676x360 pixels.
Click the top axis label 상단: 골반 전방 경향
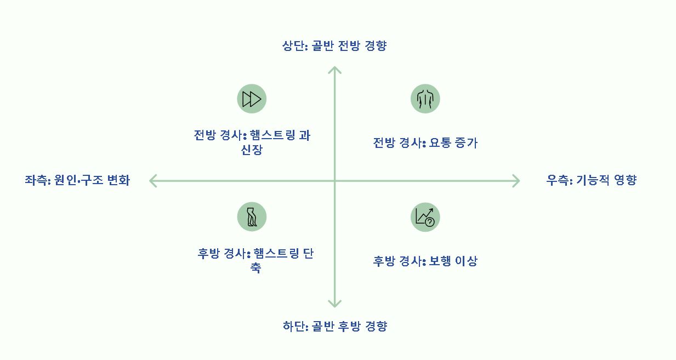[334, 45]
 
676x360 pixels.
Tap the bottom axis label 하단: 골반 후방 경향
[334, 327]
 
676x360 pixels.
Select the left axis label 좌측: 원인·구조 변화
[77, 180]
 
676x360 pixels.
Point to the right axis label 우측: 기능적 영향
[592, 180]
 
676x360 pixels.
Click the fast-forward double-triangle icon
[252, 99]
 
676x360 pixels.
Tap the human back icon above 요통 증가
[425, 99]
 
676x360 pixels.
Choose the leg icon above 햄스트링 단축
[252, 216]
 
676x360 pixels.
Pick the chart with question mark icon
[425, 216]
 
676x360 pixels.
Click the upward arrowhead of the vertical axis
[334, 69]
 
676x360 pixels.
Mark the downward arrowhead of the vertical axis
[334, 304]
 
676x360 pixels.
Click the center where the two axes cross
[334, 180]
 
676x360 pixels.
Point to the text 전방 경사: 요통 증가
[425, 144]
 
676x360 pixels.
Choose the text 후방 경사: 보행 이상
[425, 261]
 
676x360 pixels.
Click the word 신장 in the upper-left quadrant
[252, 150]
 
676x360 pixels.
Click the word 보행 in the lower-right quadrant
[440, 261]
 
